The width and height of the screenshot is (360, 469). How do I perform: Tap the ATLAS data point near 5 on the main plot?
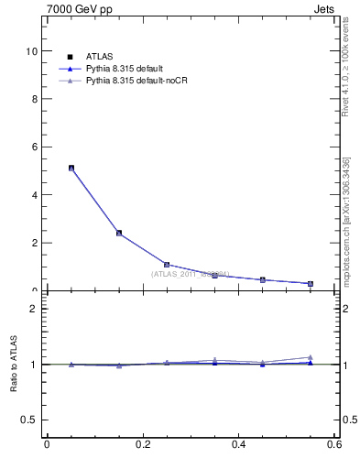[x=71, y=169]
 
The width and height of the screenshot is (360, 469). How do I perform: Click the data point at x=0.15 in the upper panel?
[x=119, y=233]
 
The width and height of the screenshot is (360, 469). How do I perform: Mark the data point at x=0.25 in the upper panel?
[x=167, y=264]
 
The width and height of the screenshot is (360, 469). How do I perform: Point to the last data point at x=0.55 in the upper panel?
[x=311, y=283]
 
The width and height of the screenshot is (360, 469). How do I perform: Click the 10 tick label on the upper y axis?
[x=32, y=51]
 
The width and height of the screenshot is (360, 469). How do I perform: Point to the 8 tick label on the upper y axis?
[x=34, y=99]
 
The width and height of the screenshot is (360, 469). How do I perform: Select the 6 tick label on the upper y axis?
[x=34, y=147]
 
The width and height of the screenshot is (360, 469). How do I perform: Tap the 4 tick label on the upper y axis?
[x=34, y=195]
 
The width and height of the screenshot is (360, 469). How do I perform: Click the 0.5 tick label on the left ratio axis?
[x=29, y=420]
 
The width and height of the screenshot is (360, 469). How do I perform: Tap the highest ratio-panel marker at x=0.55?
[x=311, y=357]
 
